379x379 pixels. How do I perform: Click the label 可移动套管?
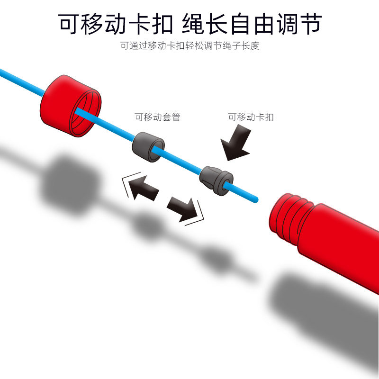[158, 117]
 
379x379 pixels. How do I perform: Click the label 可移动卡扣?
[251, 117]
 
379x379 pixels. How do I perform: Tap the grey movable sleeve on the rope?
[148, 147]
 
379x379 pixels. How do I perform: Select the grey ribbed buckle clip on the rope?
[216, 180]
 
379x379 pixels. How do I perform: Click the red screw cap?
[70, 106]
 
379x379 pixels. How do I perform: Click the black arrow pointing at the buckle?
[236, 143]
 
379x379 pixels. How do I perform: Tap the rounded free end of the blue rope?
[256, 199]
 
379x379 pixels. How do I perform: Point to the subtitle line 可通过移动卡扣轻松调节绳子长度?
[190, 45]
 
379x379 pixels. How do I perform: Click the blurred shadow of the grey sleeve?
[146, 226]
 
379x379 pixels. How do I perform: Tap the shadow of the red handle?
[324, 314]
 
